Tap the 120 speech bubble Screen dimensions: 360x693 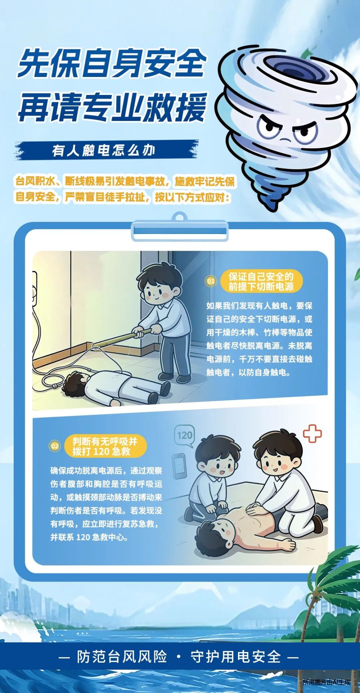tap(185, 436)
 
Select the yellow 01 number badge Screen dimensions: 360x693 tap(211, 281)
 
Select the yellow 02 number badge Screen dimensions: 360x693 tap(55, 446)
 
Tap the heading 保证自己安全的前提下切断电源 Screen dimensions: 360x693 tap(261, 281)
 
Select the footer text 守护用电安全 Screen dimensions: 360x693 tap(236, 657)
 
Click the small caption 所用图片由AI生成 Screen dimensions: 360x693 tap(326, 682)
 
